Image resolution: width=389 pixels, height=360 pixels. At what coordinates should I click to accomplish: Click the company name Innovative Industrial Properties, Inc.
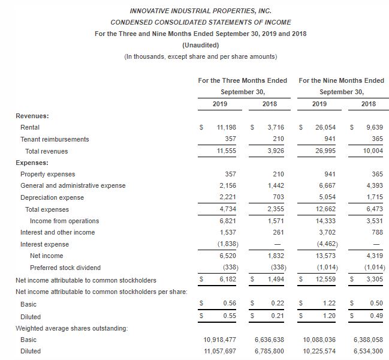coord(200,11)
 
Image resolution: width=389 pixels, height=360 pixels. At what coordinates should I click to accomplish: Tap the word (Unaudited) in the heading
coord(200,45)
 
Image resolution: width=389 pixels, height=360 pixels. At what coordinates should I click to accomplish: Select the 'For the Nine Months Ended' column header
coord(341,80)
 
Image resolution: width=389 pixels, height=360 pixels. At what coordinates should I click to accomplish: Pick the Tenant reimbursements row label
coord(55,139)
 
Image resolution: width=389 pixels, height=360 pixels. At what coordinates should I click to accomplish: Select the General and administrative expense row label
coord(73,186)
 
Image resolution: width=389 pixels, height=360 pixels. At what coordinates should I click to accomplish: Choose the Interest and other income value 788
coord(377,233)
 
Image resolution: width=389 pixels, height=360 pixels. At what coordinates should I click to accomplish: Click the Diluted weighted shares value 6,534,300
coord(369,352)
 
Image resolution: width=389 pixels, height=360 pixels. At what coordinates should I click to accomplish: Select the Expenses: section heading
coord(32,163)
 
